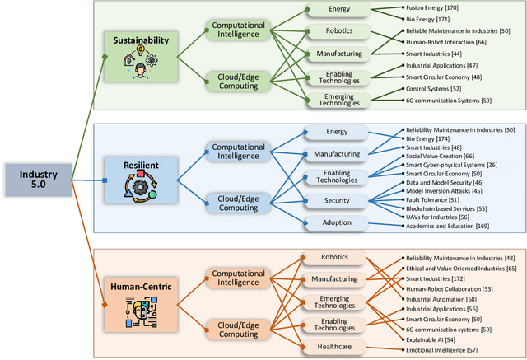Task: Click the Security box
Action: pyautogui.click(x=338, y=200)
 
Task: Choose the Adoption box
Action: pyautogui.click(x=338, y=223)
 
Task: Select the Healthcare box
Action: pyautogui.click(x=338, y=346)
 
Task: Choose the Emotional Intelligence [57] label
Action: pyautogui.click(x=442, y=351)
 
